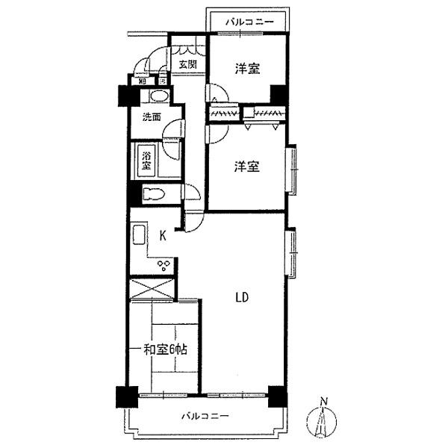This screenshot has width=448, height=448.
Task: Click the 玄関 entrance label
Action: pos(187,64)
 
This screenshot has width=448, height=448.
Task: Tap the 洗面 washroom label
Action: pos(152,116)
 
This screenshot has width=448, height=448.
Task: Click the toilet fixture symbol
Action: pos(153,194)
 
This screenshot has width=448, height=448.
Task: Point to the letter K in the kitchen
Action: pos(162,236)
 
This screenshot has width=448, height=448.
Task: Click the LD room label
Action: pos(242,296)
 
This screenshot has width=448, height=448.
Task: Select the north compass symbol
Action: pos(323,420)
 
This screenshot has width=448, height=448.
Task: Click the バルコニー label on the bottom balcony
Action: pos(204,416)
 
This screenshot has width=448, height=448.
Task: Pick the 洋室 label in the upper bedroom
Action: pos(247,69)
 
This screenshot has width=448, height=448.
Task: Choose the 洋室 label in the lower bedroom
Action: pos(247,167)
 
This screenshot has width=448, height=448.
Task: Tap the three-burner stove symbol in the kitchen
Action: pos(164,264)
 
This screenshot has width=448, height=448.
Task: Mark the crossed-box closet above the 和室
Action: pos(153,288)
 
